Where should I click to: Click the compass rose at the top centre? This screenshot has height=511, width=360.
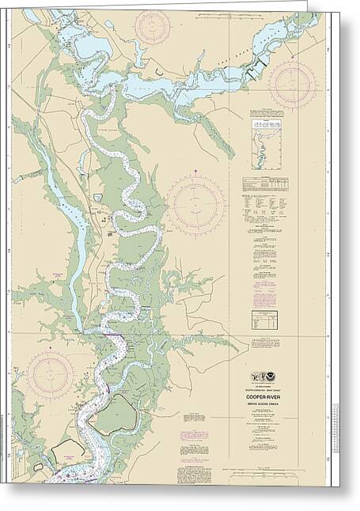[x=152, y=26]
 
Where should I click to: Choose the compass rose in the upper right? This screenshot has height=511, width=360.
[x=292, y=84]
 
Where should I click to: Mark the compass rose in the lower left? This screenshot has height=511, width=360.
[x=50, y=375]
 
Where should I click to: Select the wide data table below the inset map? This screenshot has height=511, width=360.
[x=264, y=184]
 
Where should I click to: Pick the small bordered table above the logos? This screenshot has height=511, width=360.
[x=263, y=319]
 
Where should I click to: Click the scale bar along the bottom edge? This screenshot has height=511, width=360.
[x=269, y=476]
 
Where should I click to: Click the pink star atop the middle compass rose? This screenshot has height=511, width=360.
[x=195, y=170]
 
